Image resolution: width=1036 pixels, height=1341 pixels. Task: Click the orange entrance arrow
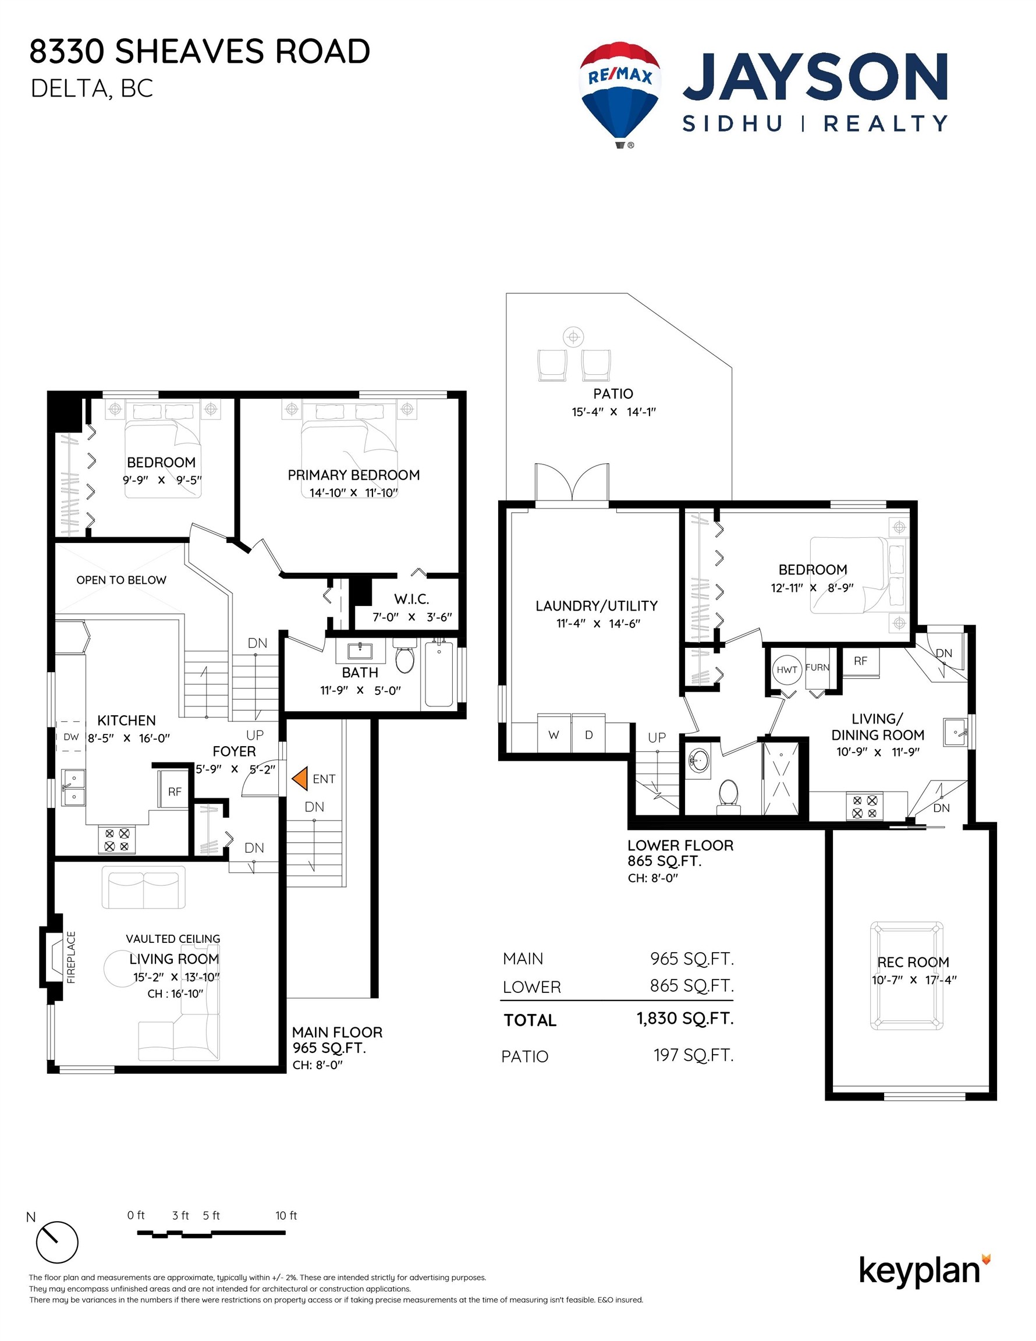point(300,778)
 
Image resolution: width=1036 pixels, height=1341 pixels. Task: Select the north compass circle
point(57,1242)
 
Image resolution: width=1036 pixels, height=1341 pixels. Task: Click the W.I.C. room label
point(411,599)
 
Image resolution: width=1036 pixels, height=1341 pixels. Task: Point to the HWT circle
point(787,669)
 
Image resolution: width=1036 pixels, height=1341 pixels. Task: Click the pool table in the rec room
point(906,975)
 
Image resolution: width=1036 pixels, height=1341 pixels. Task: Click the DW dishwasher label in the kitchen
point(71,737)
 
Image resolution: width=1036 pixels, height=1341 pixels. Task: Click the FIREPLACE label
point(71,957)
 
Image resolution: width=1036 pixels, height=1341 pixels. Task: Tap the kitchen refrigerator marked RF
point(175,792)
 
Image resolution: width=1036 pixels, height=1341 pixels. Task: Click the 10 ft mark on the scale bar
point(286,1215)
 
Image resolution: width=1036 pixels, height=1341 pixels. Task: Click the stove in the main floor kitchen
point(116,839)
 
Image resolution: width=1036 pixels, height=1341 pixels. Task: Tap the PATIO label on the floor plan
point(613,393)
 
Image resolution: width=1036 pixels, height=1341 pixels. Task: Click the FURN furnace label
point(817,668)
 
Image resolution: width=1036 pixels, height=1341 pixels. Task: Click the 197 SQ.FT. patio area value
point(693,1055)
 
